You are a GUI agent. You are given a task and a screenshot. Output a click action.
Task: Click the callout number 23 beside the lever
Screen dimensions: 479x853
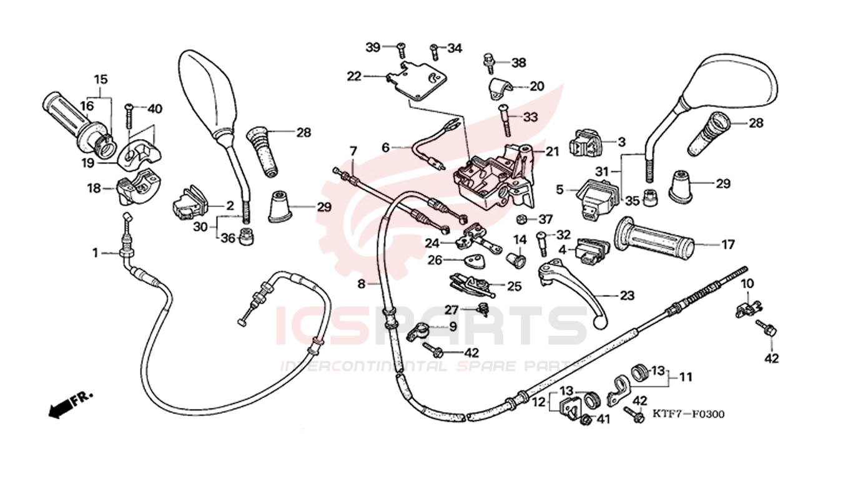point(626,296)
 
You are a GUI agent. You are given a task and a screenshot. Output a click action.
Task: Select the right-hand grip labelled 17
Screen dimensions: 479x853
point(653,239)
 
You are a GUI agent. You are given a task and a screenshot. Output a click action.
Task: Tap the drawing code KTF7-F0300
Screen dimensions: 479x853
point(689,414)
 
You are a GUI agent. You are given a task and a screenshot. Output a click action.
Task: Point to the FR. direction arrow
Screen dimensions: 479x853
point(70,404)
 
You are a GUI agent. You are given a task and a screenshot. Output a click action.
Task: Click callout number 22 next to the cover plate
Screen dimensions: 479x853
point(354,76)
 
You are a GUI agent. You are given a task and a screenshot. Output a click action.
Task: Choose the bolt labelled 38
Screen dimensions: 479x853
point(488,61)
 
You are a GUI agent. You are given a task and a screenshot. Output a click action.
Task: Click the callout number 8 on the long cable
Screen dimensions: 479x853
point(361,284)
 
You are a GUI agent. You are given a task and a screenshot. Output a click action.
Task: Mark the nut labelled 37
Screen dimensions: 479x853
point(522,219)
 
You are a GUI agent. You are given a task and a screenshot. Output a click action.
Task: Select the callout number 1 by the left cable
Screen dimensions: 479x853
point(96,253)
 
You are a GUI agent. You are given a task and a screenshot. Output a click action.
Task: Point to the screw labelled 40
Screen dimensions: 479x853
point(129,117)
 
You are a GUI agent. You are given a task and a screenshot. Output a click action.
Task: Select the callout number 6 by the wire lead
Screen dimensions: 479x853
point(385,147)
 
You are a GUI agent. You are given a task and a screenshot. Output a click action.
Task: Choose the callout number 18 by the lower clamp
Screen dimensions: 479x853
point(94,188)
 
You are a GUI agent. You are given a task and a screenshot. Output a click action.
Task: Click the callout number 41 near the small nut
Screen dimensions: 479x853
point(603,420)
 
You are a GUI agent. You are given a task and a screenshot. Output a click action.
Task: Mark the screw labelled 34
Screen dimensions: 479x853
point(433,50)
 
